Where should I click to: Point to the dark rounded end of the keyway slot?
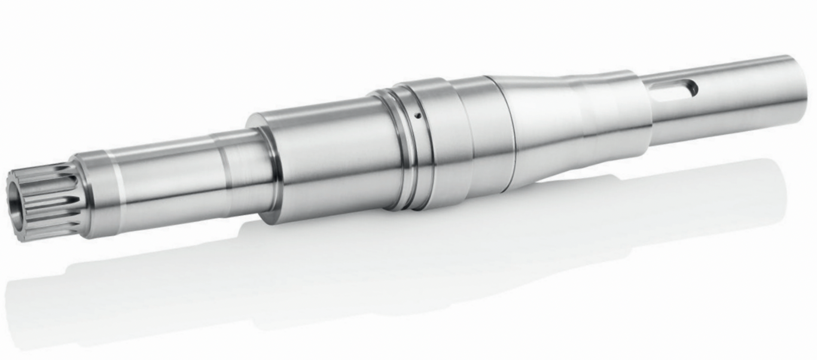click(x=693, y=89)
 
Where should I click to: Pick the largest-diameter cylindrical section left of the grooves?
click(x=329, y=161)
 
